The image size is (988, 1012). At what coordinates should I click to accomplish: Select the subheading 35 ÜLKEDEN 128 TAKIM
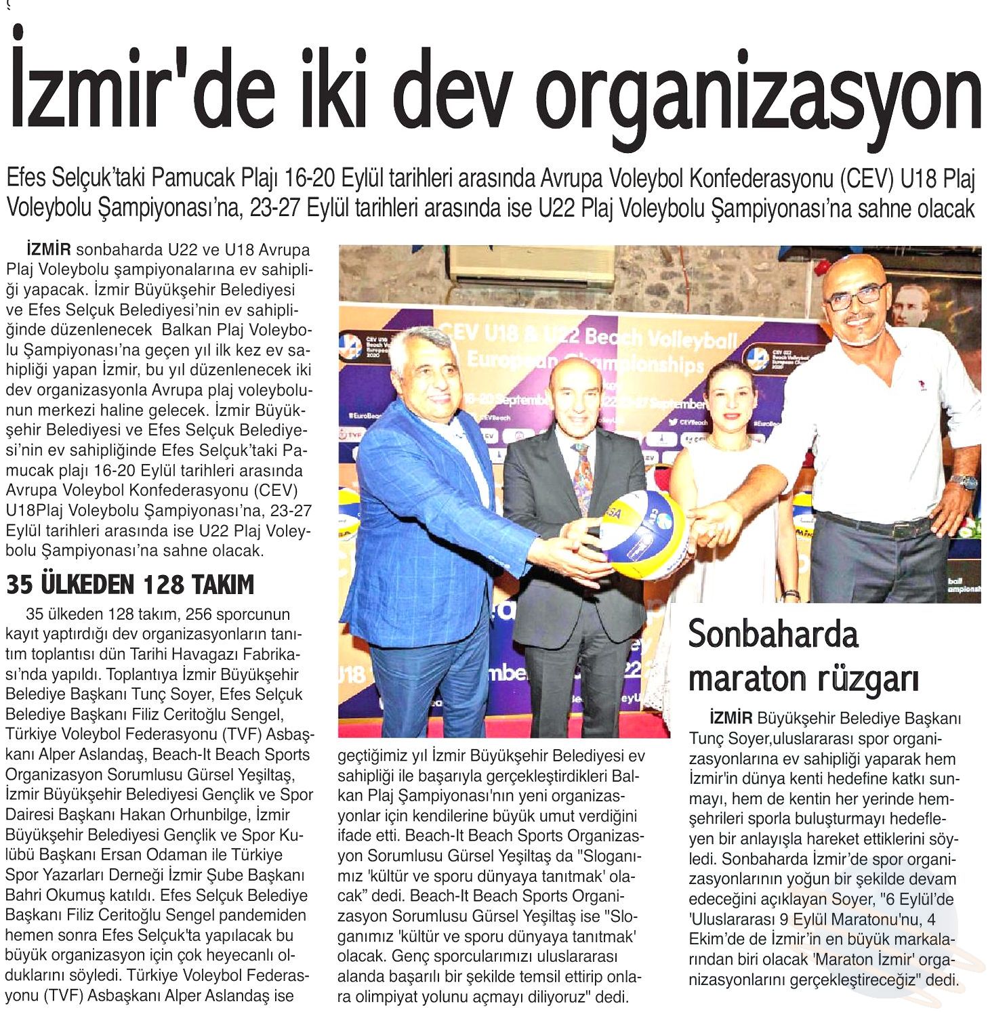[130, 584]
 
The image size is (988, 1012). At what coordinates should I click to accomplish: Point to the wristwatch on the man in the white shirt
[963, 482]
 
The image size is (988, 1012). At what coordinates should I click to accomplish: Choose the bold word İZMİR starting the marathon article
[731, 718]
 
